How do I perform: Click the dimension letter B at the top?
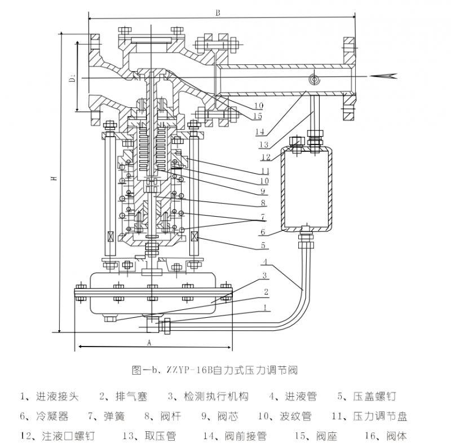point(217,12)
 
